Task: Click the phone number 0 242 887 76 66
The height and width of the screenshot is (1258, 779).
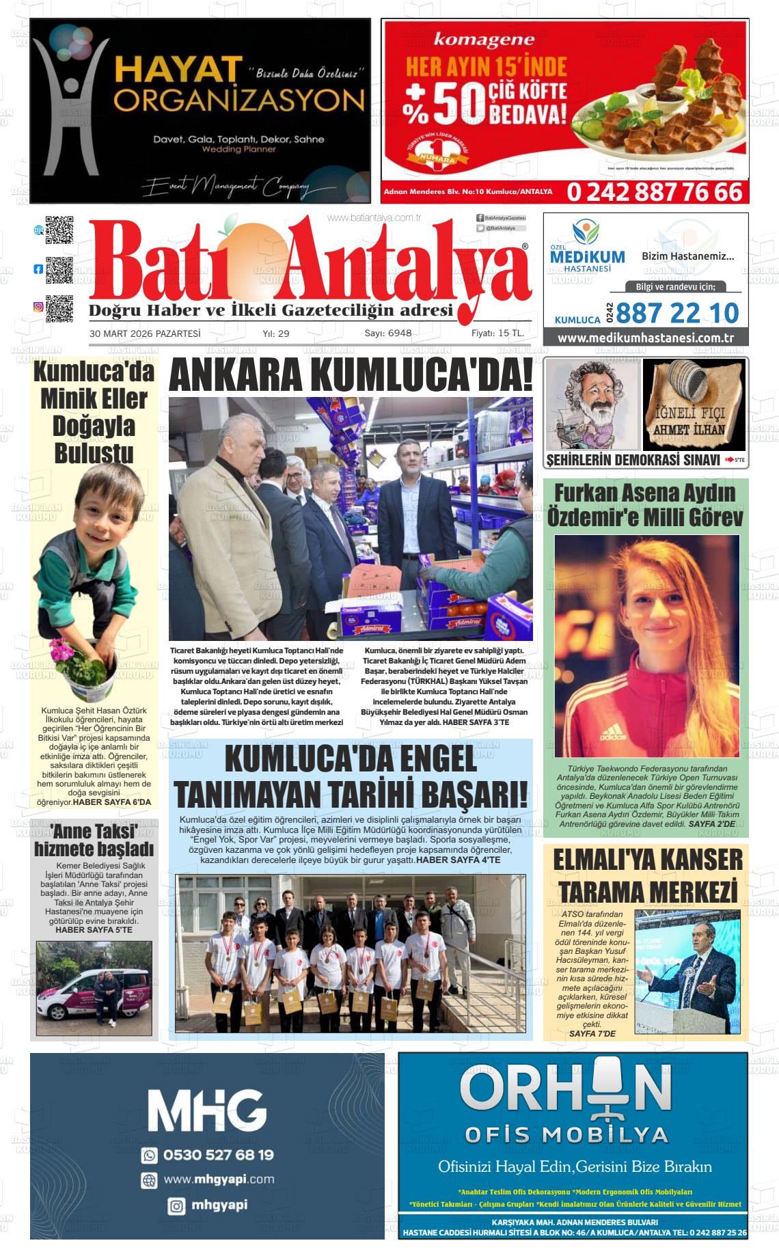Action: (654, 192)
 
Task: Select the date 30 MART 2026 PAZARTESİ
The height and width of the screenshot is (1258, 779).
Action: (145, 333)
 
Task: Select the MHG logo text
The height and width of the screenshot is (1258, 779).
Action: (206, 1110)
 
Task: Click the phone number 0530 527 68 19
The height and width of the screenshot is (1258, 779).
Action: (218, 1155)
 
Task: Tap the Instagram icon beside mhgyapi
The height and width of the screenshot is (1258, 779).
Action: (176, 1206)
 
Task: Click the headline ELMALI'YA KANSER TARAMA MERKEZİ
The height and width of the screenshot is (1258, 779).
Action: (646, 875)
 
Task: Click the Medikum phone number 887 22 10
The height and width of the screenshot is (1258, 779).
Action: (677, 313)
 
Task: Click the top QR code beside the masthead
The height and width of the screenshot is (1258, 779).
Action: (59, 230)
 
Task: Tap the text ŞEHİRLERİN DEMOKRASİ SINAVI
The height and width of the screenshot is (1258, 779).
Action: (633, 460)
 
